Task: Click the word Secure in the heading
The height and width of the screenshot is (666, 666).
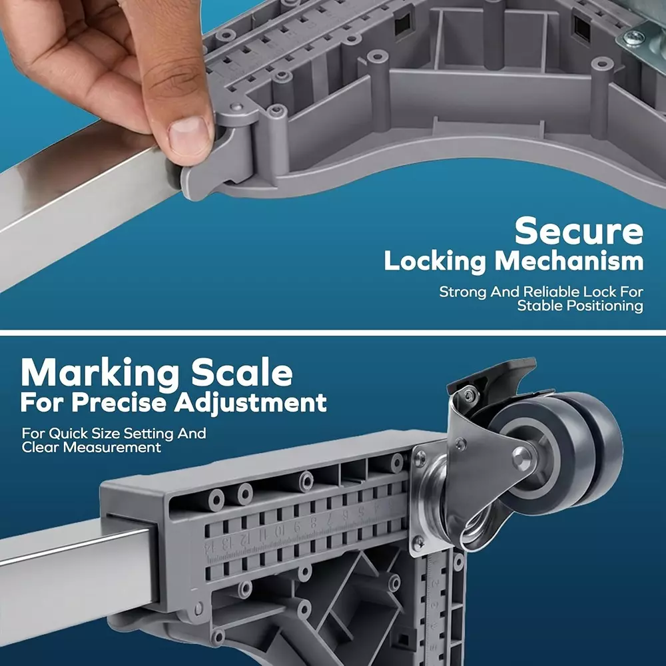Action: (x=579, y=231)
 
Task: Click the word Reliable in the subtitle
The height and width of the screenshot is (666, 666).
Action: (x=551, y=292)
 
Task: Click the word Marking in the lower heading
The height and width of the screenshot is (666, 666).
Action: (x=101, y=374)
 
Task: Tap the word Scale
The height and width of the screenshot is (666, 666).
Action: (x=242, y=372)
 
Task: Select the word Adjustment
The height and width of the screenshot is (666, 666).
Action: (x=250, y=403)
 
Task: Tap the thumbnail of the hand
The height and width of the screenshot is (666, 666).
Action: (x=188, y=135)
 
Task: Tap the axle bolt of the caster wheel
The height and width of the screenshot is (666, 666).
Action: (x=521, y=458)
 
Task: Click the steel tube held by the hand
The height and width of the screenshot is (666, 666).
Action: (x=81, y=200)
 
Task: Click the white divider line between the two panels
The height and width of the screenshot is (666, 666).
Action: (x=333, y=332)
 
